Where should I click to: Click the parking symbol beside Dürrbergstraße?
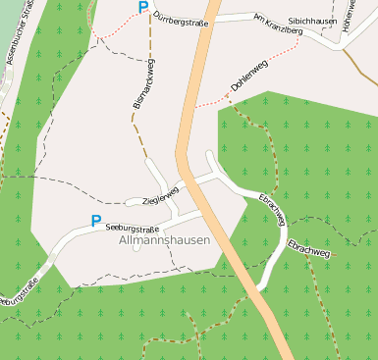pos(143,8)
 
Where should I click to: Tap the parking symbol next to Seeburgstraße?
pos(95,222)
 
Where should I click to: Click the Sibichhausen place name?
pos(314,20)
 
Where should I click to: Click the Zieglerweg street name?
pos(162,194)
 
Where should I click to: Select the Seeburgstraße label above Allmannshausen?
pos(132,229)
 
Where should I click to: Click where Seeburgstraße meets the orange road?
pos(204,213)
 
